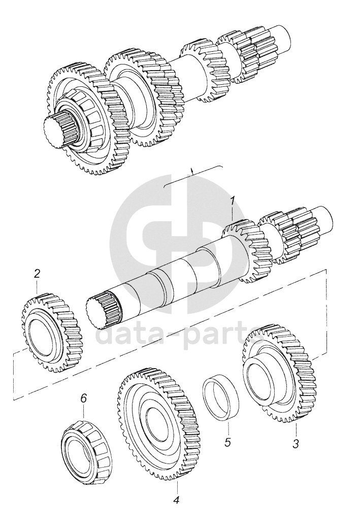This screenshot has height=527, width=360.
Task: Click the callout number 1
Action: [x=232, y=201]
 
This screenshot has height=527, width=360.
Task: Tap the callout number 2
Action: [x=37, y=274]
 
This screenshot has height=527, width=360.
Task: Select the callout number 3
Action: [x=296, y=443]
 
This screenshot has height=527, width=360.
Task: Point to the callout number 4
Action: [x=176, y=500]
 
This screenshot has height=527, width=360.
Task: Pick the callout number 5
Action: [x=227, y=441]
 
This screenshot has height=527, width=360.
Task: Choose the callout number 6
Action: [x=84, y=398]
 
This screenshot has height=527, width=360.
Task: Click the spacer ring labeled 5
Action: [x=221, y=398]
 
